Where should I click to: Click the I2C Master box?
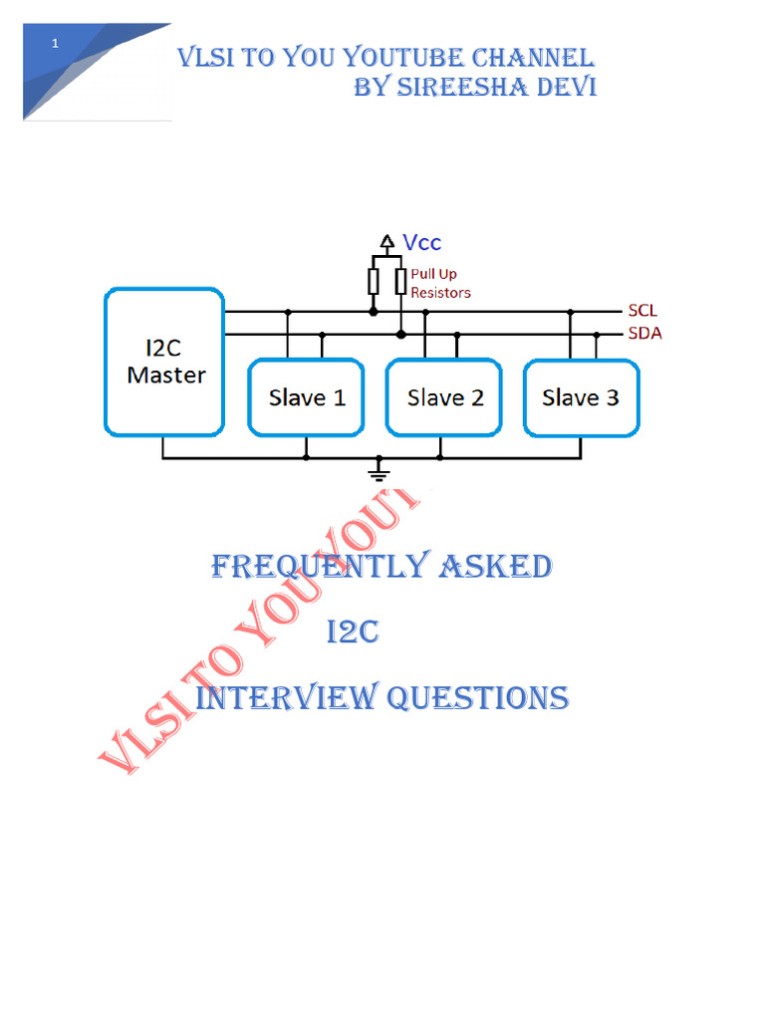pos(164,363)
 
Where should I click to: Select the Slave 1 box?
pos(306,397)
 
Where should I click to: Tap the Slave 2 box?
pos(444,397)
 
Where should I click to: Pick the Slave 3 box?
pos(581,397)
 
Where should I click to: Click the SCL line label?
pos(642,311)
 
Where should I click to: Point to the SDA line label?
pos(644,334)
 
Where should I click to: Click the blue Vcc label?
pos(422,242)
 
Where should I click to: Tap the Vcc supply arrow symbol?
pos(386,242)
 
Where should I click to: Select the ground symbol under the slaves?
pos(379,469)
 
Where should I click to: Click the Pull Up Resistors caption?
pos(440,283)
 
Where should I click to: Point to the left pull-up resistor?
pos(374,282)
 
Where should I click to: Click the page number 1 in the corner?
pos(56,44)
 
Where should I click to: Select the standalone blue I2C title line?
pos(354,633)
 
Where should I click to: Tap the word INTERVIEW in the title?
pos(286,697)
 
